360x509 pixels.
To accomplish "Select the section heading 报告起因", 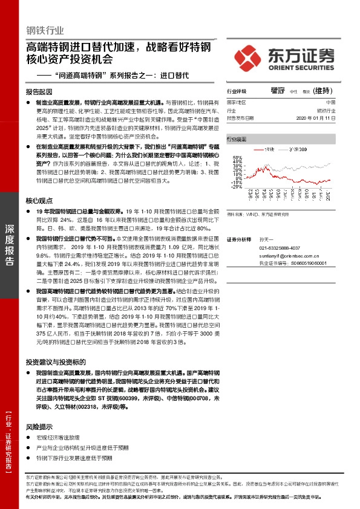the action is click(39, 92).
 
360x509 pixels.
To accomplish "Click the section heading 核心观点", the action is click(39, 201).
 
